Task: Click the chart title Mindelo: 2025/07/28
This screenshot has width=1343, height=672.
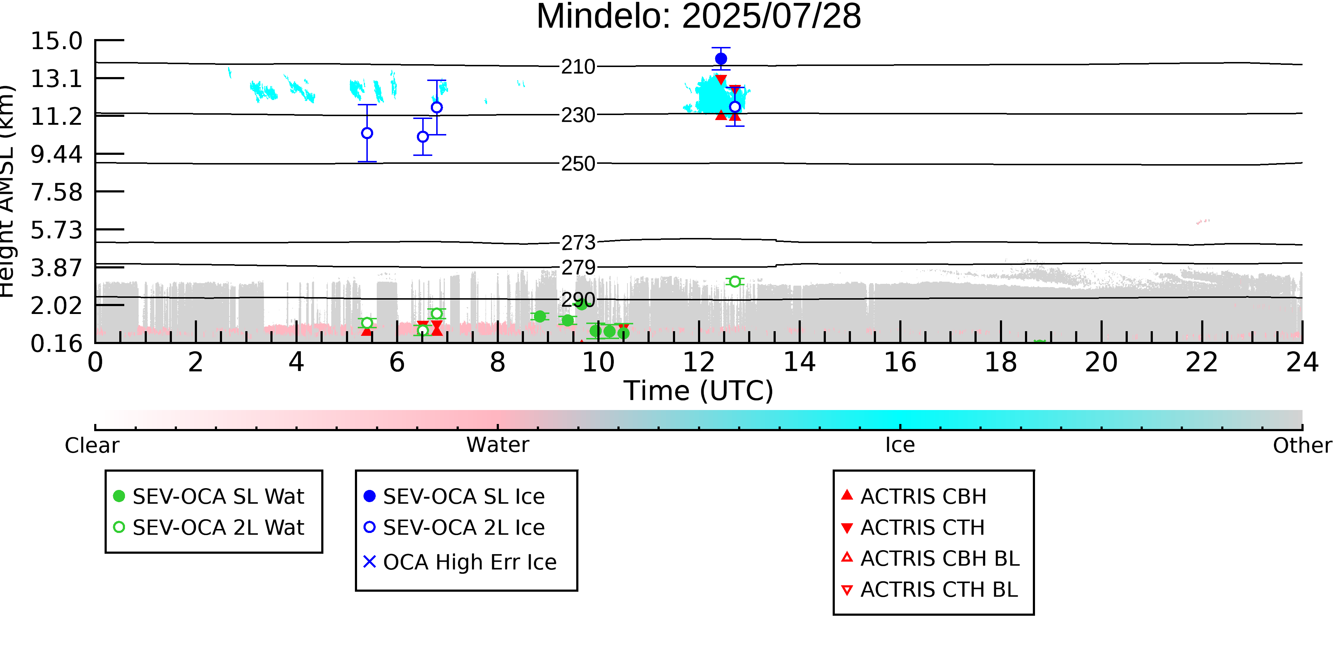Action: (699, 17)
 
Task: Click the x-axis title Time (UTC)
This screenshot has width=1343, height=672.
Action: (699, 391)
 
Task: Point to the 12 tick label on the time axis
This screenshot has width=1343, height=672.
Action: (699, 362)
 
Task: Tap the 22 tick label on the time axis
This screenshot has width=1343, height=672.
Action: (1202, 362)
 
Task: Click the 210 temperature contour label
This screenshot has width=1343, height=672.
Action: (578, 67)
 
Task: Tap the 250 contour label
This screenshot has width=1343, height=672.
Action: (578, 164)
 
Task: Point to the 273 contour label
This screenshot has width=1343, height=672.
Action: (578, 243)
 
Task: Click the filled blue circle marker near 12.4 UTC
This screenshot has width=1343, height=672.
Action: (721, 59)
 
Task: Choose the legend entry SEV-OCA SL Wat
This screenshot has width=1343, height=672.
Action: (208, 496)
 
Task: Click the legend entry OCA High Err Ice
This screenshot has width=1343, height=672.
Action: (460, 562)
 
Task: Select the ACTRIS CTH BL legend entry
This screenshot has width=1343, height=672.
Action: (930, 590)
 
